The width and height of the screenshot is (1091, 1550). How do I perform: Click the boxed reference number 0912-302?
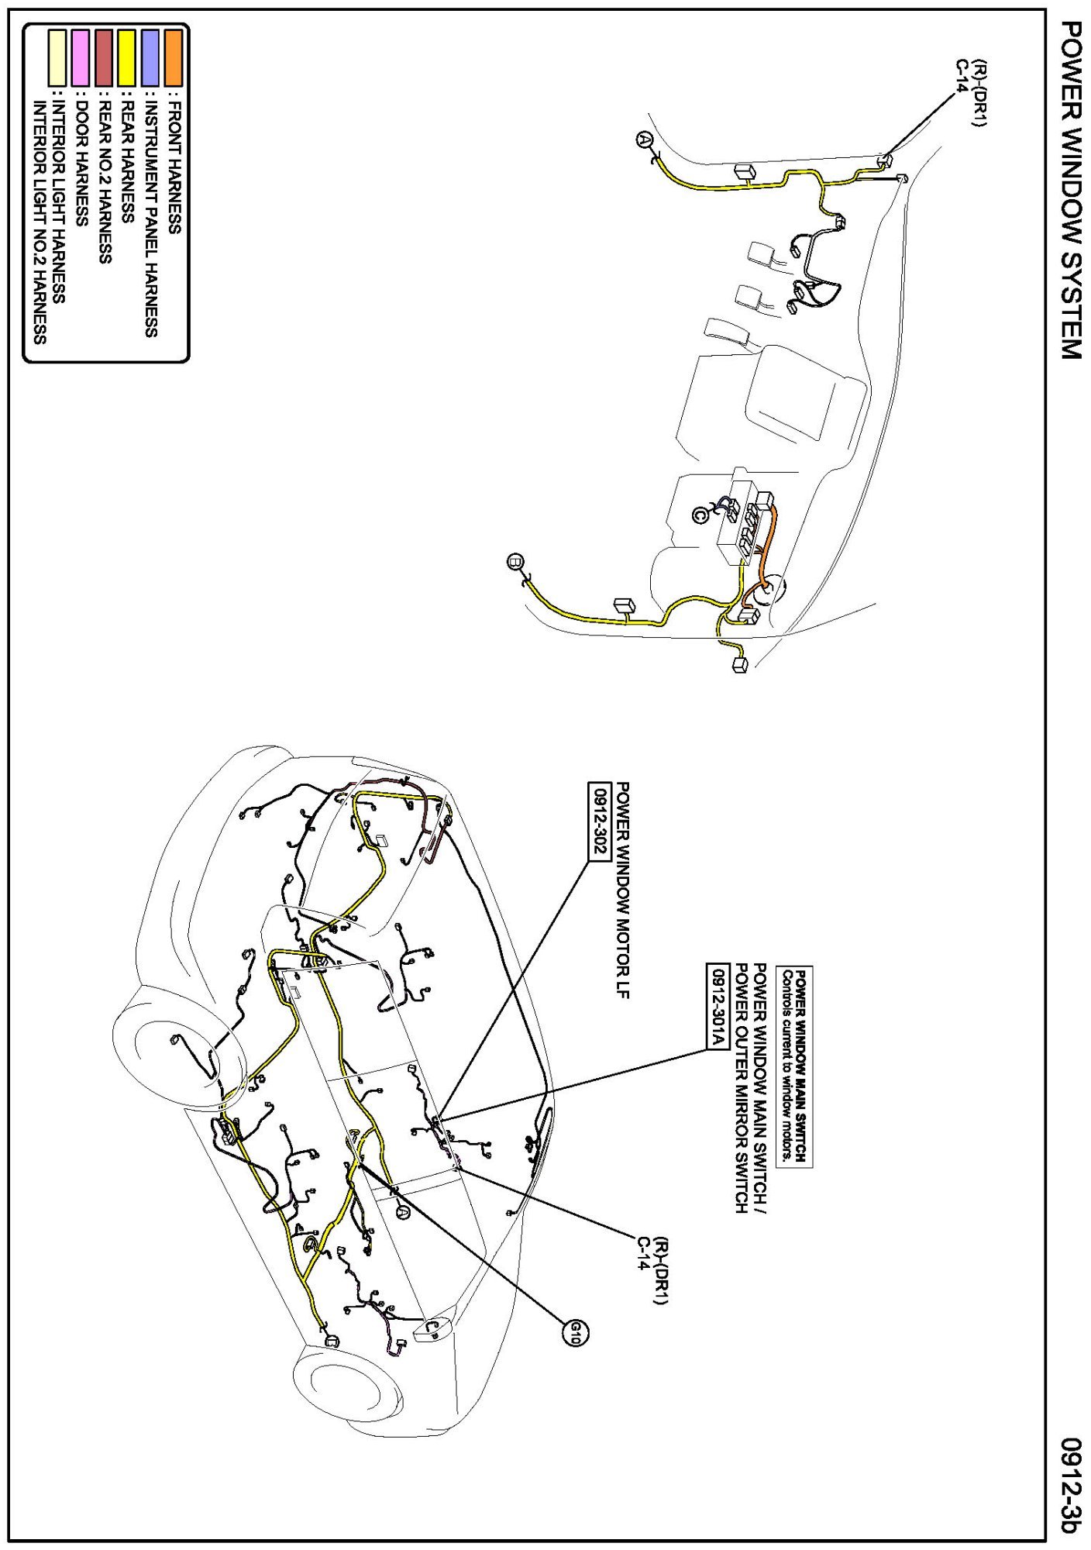point(597,819)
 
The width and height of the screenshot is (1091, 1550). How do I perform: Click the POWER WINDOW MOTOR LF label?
point(621,890)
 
